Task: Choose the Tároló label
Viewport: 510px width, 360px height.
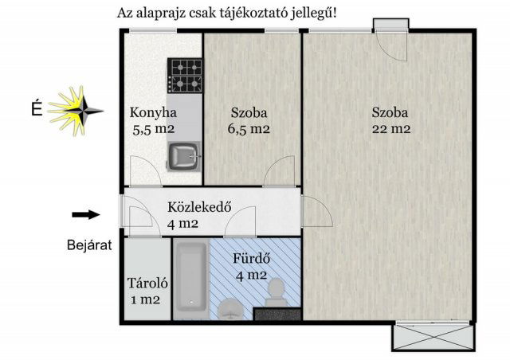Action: pos(145,284)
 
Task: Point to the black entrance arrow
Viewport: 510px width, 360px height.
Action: pos(85,213)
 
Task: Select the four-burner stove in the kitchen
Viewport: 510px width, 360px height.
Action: pos(186,76)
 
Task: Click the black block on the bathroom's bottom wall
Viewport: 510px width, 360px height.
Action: pos(277,315)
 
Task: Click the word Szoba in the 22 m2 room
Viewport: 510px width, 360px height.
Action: pos(390,112)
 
